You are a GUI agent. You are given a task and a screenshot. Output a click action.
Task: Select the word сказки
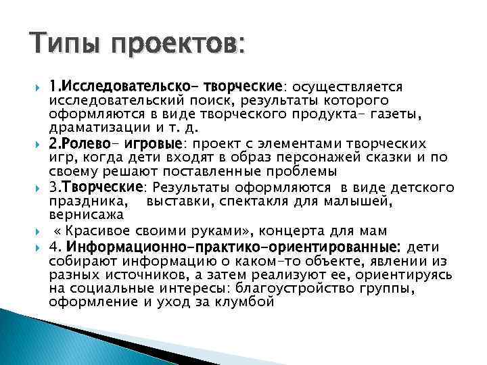click(381, 157)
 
